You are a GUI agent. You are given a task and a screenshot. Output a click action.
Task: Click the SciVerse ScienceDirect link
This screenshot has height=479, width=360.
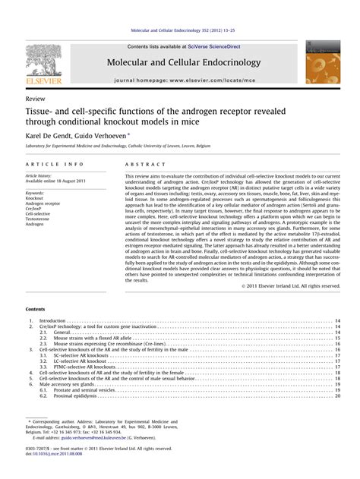(209, 46)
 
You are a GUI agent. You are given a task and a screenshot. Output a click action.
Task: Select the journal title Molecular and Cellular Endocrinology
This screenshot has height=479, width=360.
(179, 61)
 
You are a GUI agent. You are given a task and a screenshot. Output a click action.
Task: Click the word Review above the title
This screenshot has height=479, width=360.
(35, 99)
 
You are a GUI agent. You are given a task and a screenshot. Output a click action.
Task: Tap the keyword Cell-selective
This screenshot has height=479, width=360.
(39, 213)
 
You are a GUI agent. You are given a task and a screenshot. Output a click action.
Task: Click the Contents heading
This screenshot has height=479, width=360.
(35, 310)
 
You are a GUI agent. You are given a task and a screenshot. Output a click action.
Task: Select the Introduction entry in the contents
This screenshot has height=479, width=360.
(52, 322)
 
